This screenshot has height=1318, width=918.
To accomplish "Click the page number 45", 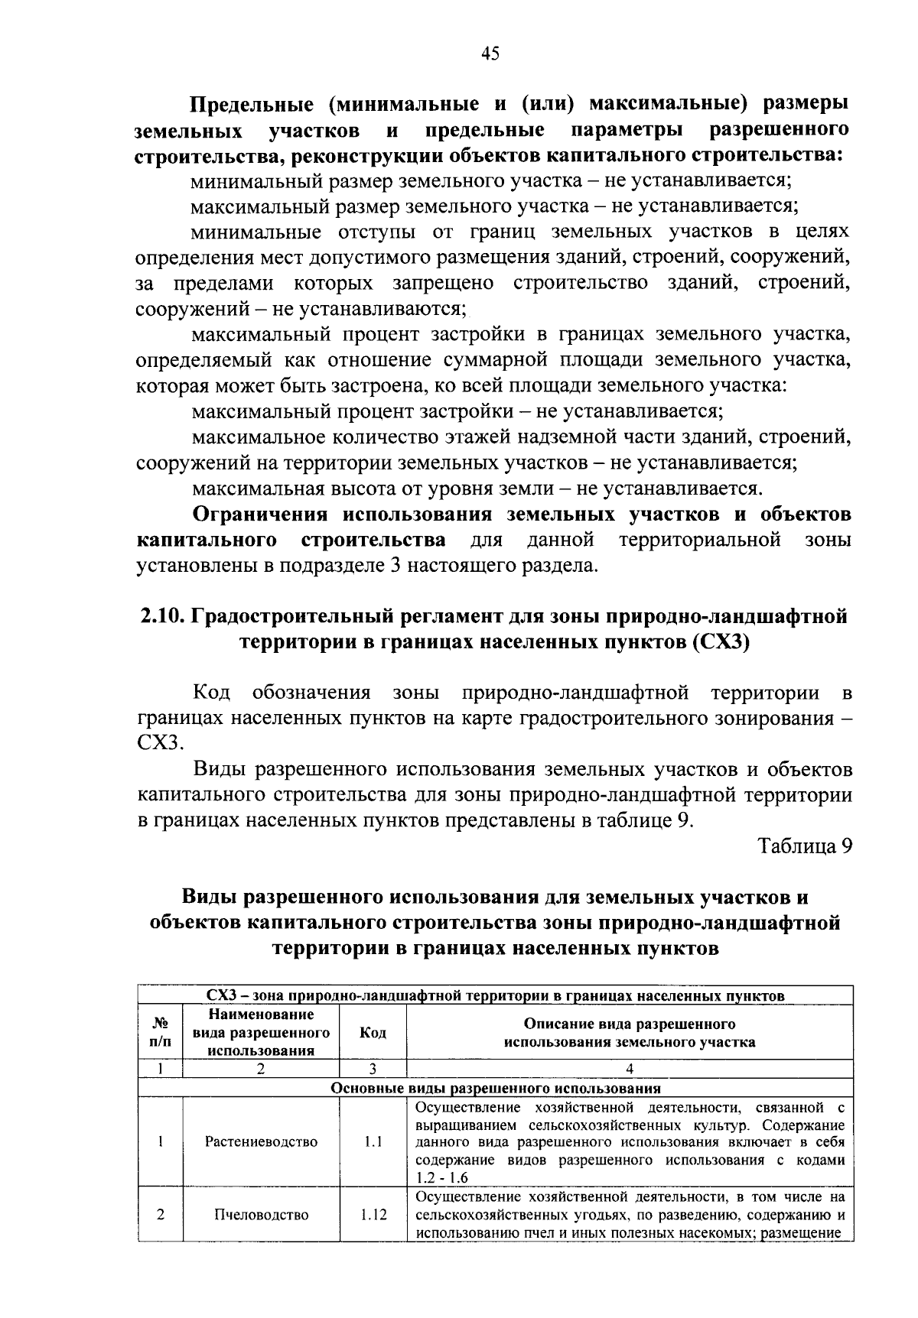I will point(490,54).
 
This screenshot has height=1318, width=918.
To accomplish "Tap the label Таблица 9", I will point(804,846).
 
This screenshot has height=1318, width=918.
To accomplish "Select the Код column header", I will point(373,1033).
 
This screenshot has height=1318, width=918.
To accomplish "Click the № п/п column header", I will point(161,1033).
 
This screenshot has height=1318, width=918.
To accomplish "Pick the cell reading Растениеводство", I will point(261,1141).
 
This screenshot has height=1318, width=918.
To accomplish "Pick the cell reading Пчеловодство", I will point(261,1215).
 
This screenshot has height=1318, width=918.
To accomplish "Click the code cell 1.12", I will point(373,1215).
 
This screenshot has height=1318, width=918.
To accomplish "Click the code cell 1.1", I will point(373,1141).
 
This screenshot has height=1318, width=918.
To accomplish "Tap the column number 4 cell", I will point(629,1069).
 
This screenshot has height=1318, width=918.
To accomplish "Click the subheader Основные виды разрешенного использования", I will point(496,1088).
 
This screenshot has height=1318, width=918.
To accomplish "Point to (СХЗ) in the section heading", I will point(721,643).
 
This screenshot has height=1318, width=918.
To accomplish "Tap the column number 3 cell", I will point(373,1069).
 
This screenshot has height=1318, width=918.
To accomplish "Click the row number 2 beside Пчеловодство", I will point(161,1215).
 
